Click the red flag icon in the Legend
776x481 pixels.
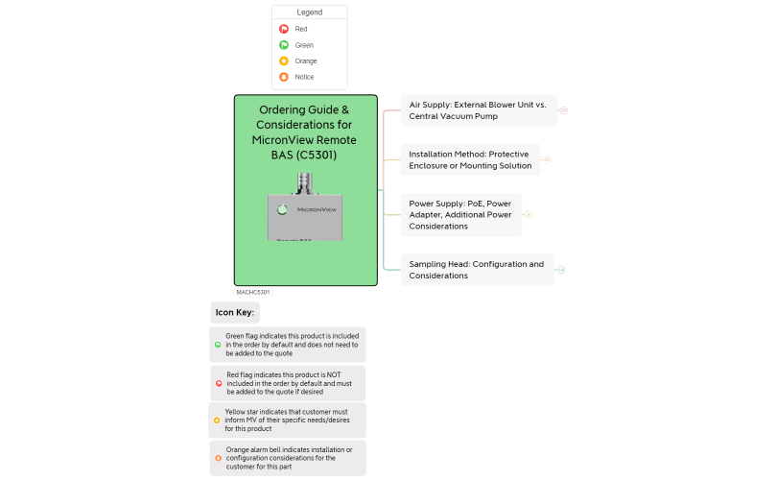(284, 29)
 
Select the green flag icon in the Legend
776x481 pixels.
(284, 45)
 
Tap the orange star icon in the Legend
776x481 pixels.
(284, 60)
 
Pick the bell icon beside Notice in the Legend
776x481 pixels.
(284, 77)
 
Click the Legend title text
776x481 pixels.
(309, 12)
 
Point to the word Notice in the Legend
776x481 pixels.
(304, 77)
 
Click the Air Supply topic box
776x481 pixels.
(478, 110)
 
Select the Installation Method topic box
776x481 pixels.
(470, 159)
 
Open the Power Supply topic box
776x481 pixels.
(460, 214)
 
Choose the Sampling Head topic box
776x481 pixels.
(476, 270)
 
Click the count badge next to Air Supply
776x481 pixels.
(563, 110)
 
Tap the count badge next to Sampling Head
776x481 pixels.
(560, 270)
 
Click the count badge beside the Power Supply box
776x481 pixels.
(529, 214)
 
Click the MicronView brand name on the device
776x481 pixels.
(317, 208)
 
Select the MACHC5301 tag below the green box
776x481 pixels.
(253, 292)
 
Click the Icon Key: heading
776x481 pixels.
(235, 313)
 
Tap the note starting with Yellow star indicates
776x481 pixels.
(288, 421)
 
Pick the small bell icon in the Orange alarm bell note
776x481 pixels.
(218, 458)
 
